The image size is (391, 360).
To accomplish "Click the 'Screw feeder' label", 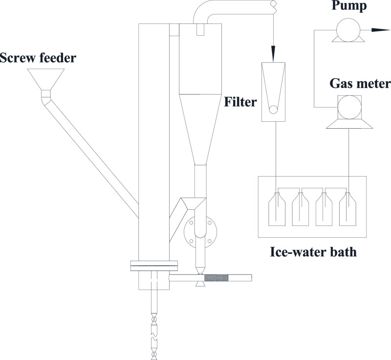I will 39,59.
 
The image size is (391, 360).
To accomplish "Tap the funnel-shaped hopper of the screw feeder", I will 46,78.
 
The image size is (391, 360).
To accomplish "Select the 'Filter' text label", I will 239,103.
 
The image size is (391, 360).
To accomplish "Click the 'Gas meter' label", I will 359,82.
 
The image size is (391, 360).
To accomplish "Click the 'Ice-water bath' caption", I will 313,253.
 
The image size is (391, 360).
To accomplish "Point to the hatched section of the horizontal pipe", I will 216,278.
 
